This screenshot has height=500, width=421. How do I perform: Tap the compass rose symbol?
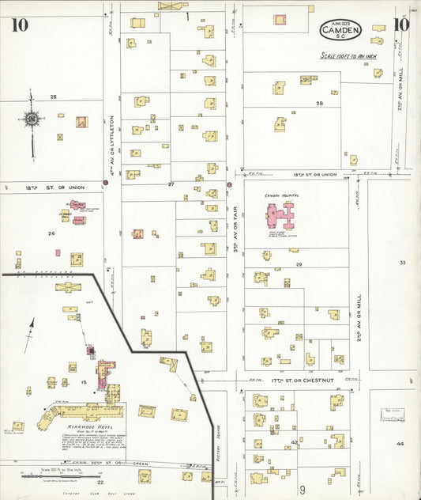31,120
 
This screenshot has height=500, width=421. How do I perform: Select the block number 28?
320,104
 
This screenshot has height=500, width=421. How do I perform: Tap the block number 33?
402,262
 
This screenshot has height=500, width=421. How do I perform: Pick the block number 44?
400,444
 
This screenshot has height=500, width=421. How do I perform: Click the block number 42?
294,442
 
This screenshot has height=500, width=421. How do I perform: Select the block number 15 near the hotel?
82,382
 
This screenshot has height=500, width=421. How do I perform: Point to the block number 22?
100,481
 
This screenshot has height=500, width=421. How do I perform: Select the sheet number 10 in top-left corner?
19,25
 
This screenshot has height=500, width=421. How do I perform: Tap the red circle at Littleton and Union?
106,183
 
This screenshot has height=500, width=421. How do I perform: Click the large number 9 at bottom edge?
301,491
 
